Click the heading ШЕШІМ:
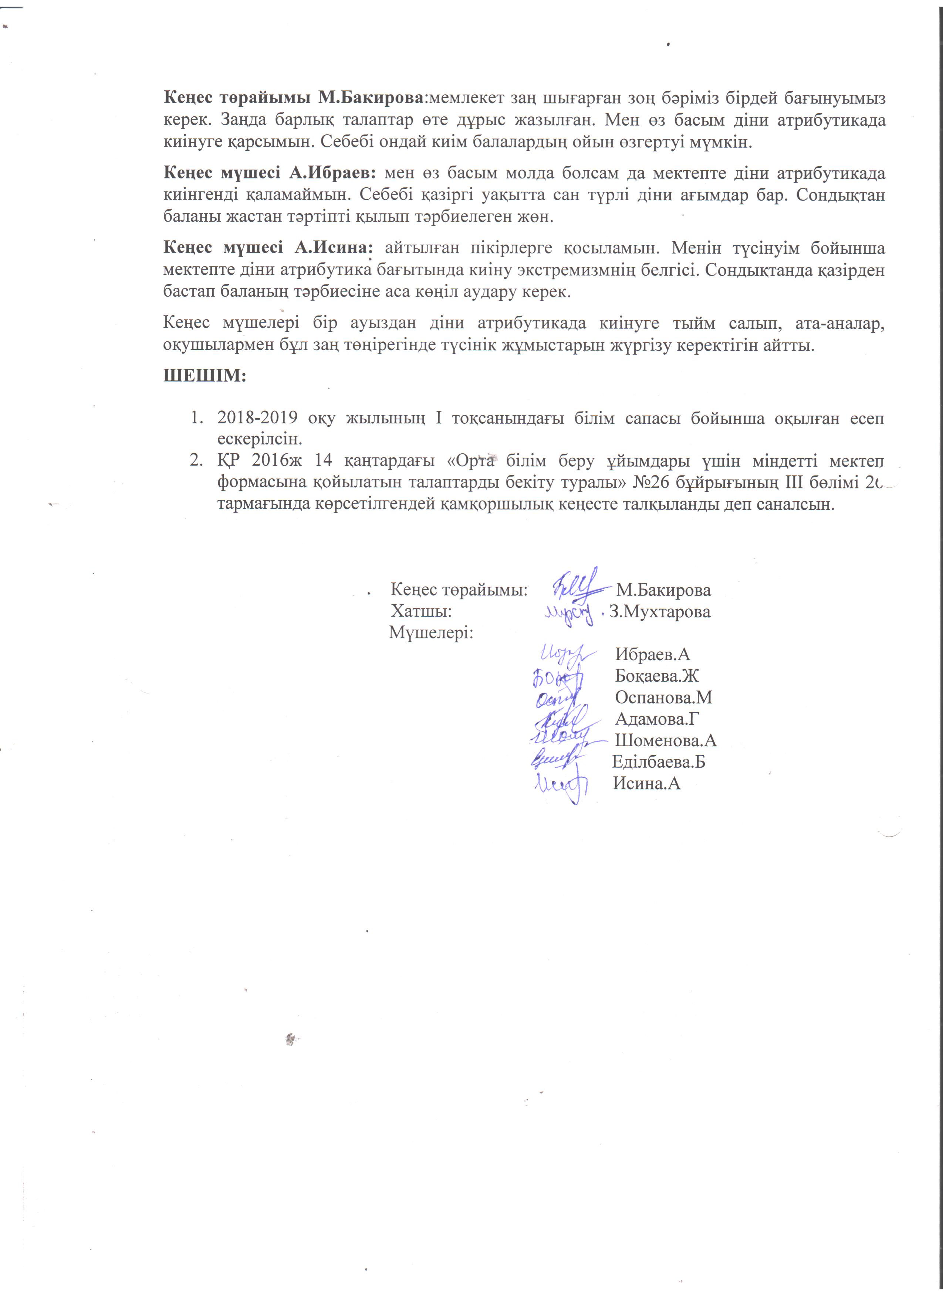tap(205, 377)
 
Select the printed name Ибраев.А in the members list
tap(652, 655)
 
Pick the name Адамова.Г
tap(658, 719)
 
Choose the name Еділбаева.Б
tap(658, 762)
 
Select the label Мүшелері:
tap(431, 634)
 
